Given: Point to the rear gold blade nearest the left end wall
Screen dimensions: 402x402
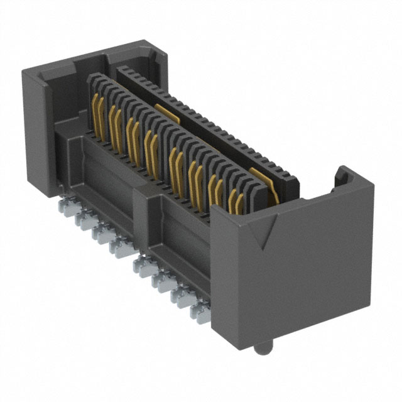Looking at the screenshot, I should (x=165, y=111).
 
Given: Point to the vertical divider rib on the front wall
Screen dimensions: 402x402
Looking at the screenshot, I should (x=141, y=207).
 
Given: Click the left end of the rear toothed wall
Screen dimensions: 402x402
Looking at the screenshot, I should (x=122, y=70).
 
